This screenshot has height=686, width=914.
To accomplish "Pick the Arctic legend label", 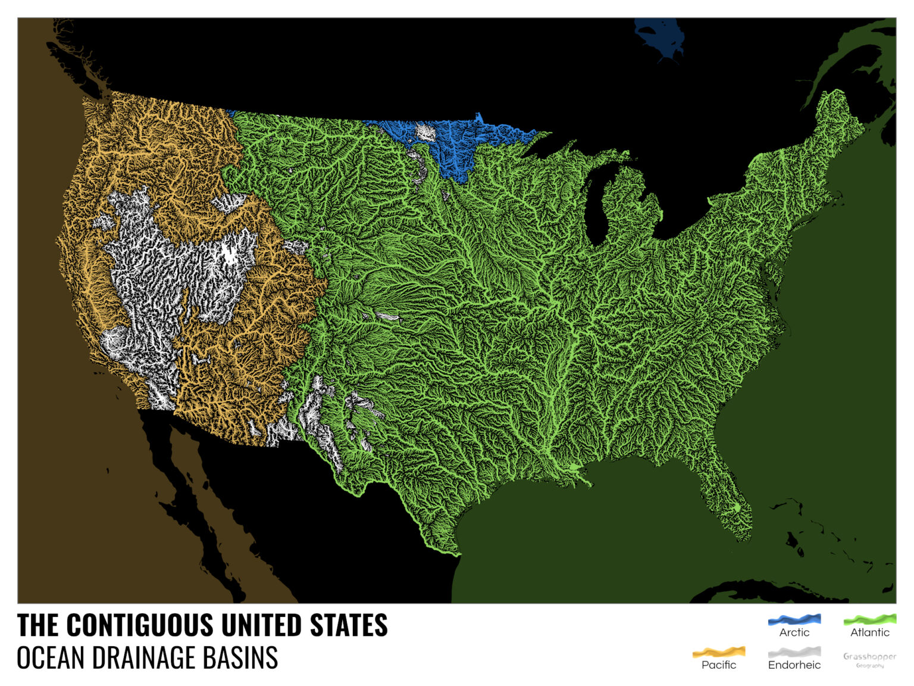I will (x=794, y=632).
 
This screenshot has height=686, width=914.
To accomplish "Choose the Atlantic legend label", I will (x=869, y=632).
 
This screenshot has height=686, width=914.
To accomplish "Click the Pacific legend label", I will (x=719, y=665).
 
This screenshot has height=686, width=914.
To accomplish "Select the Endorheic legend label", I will (x=794, y=665).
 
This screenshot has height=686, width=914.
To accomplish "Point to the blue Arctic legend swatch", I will (x=794, y=620).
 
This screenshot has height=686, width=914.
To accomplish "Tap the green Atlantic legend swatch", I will (x=869, y=620).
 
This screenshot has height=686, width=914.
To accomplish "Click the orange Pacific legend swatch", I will (x=719, y=652).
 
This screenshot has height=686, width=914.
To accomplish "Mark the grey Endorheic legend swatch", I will (x=794, y=652).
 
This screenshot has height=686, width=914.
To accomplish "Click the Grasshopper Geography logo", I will (x=869, y=660).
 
